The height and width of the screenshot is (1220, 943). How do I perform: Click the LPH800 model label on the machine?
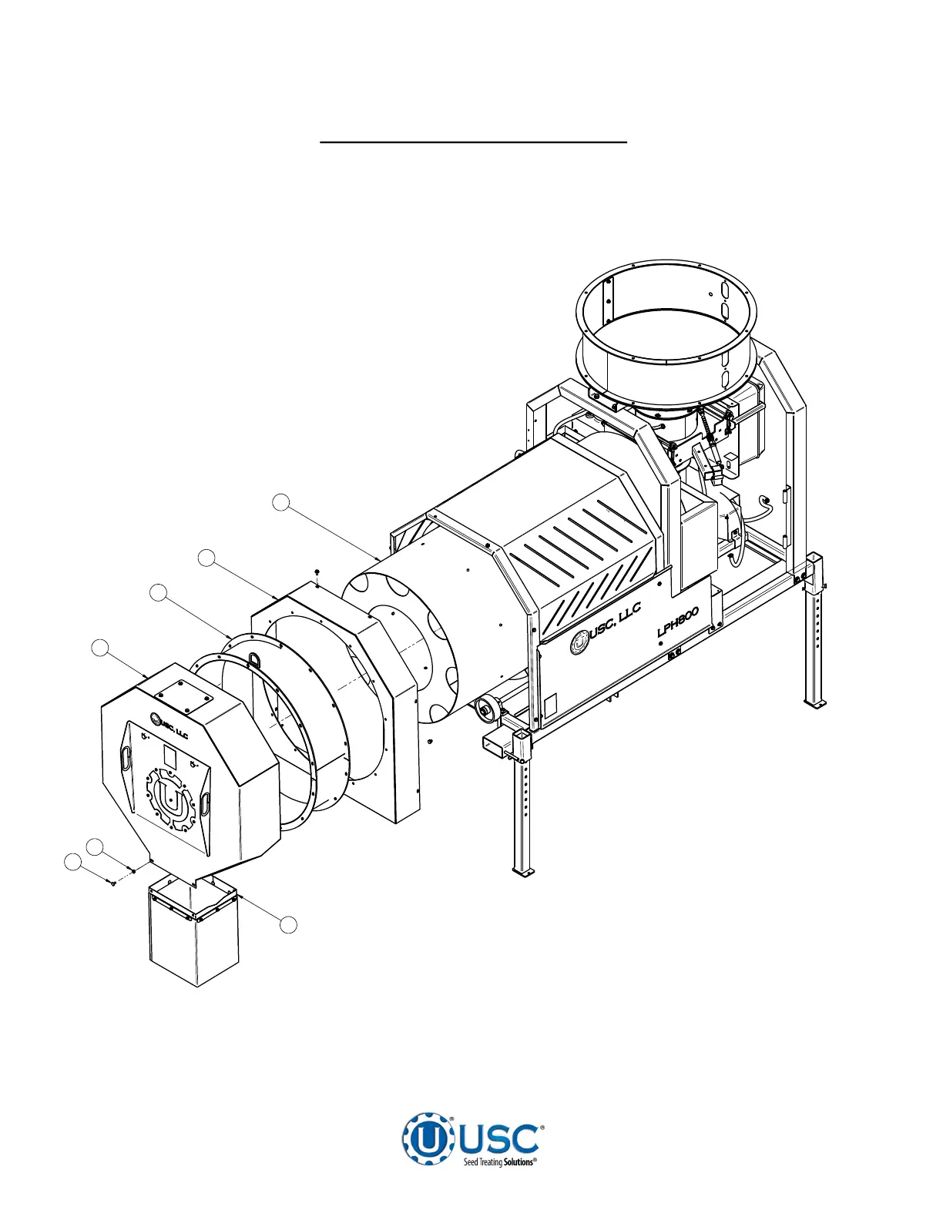tap(678, 622)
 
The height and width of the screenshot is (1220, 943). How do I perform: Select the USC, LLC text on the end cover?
tap(175, 732)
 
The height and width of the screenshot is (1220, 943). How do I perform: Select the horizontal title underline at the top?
tap(473, 142)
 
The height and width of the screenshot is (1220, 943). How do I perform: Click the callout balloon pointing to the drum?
tap(281, 502)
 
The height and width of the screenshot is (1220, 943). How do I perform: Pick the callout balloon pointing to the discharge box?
tap(289, 925)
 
